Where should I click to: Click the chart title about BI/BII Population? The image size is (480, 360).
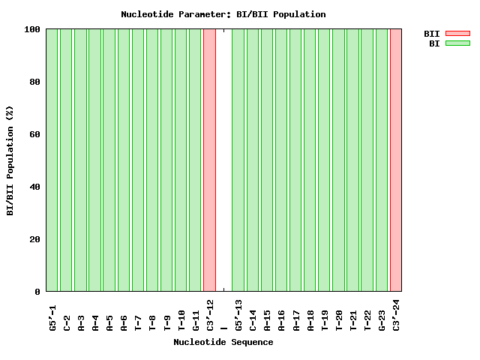(223, 14)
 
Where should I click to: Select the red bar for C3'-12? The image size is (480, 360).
(209, 160)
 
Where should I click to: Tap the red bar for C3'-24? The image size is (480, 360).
(396, 160)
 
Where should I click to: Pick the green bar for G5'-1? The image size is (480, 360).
(52, 160)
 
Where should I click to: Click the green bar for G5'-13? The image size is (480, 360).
(238, 160)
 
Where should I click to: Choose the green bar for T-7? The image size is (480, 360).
(137, 160)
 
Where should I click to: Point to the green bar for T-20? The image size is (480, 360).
(338, 160)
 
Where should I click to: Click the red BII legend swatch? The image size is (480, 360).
(457, 33)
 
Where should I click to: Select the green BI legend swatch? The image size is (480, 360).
(457, 43)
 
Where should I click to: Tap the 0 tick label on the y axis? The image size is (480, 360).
(37, 292)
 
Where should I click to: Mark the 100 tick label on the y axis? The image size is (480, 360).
(32, 29)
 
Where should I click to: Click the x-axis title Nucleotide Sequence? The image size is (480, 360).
(223, 342)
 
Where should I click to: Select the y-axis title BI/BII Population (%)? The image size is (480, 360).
(10, 160)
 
